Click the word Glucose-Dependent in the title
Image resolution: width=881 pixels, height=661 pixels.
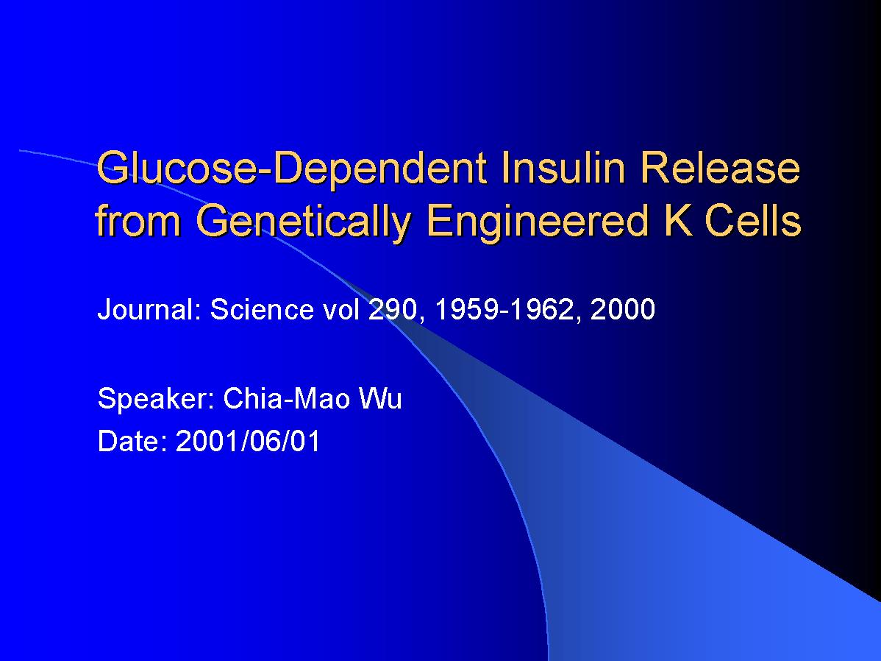click(292, 169)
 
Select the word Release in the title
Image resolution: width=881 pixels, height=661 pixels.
click(720, 167)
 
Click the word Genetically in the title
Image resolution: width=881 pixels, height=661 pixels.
click(304, 221)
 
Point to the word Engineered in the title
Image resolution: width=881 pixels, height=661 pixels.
click(538, 221)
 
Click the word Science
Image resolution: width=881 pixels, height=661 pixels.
click(261, 309)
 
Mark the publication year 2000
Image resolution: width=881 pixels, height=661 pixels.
click(623, 309)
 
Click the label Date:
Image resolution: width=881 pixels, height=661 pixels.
click(132, 440)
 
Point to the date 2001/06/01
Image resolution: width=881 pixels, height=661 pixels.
click(248, 440)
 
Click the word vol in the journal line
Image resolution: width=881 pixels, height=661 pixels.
click(341, 309)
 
